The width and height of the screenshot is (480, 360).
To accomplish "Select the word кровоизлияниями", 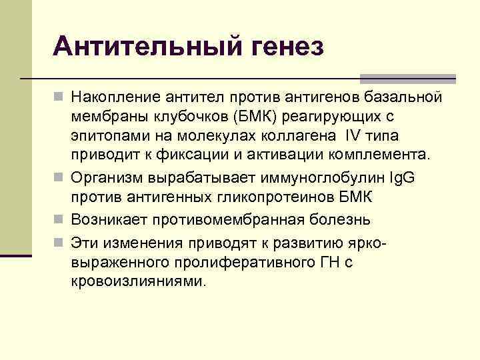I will point(139,281).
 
